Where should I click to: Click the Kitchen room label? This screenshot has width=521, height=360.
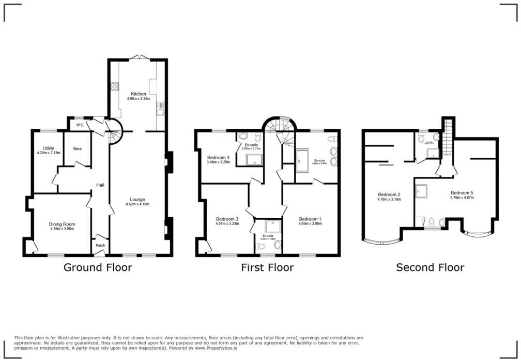pos(139,94)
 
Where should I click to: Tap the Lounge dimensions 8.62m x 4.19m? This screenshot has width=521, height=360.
pos(137,204)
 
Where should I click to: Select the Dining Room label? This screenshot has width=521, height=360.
pos(62,224)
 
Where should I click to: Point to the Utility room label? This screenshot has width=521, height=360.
pos(49,148)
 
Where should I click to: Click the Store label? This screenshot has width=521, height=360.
pos(77,149)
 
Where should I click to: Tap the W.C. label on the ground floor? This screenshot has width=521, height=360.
pos(80,125)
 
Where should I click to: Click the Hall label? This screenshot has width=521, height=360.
pos(101,185)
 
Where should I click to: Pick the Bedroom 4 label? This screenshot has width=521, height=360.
pos(218,157)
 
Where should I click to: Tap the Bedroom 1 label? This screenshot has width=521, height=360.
pos(310,219)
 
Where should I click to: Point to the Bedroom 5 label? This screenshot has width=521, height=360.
pos(462,192)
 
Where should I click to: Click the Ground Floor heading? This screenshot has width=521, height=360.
pos(98,267)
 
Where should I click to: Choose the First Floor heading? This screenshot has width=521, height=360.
pos(267,267)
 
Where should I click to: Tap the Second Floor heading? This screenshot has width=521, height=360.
pos(430,267)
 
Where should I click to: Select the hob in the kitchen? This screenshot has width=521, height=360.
pos(114,88)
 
